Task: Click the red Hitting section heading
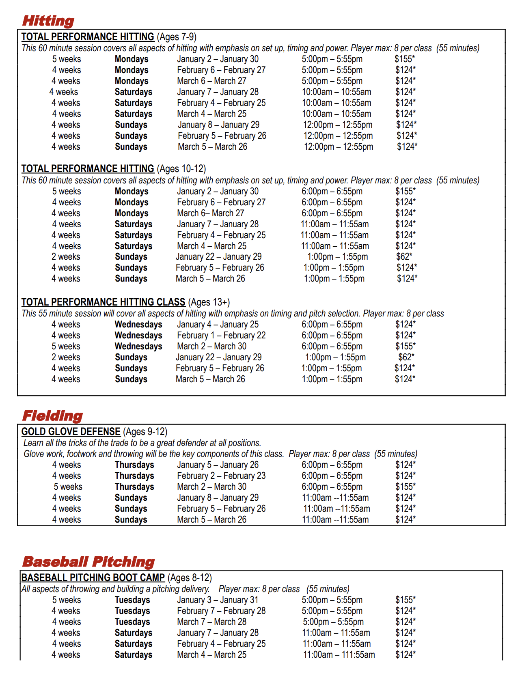click(48, 21)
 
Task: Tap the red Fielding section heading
click(52, 416)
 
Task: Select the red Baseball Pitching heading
click(88, 562)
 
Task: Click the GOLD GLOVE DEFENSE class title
click(71, 431)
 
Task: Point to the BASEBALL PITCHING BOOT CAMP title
click(93, 577)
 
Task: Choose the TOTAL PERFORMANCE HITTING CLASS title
click(103, 302)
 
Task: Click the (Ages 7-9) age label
click(177, 37)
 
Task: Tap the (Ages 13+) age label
click(209, 302)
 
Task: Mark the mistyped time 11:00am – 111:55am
click(339, 654)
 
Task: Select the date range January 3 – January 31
click(218, 600)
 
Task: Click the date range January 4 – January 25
click(218, 324)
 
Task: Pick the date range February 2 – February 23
click(221, 476)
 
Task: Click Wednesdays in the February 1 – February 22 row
click(138, 335)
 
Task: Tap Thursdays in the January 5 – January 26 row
click(134, 465)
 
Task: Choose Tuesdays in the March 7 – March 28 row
click(132, 622)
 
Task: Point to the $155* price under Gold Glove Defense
click(406, 487)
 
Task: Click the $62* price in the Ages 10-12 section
click(404, 256)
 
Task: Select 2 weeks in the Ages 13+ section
click(66, 357)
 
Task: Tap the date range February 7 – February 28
click(221, 611)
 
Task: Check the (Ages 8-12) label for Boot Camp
click(190, 577)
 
